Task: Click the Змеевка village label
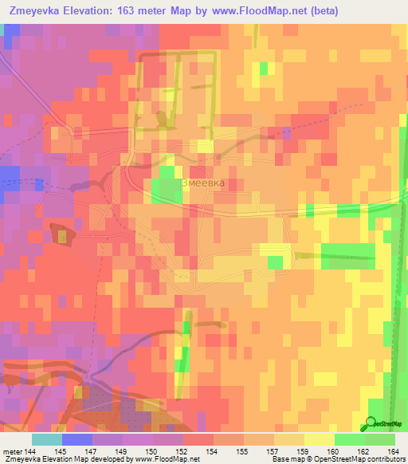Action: tap(203, 182)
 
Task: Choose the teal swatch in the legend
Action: tap(47, 440)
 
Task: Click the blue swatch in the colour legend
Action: tap(77, 440)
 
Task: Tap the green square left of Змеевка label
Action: tap(166, 184)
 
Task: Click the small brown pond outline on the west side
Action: tap(60, 234)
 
